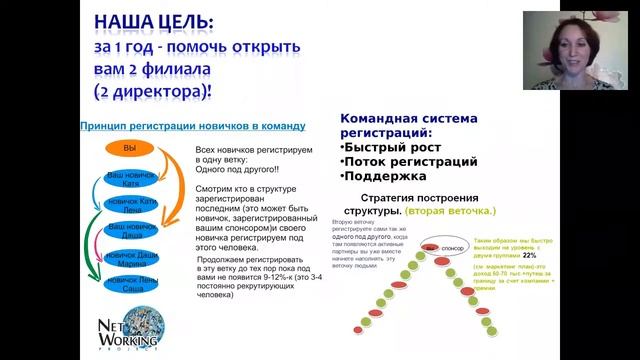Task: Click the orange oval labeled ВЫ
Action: pos(129,148)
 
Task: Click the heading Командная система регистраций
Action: pos(401,123)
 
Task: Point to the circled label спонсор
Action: pos(451,246)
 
